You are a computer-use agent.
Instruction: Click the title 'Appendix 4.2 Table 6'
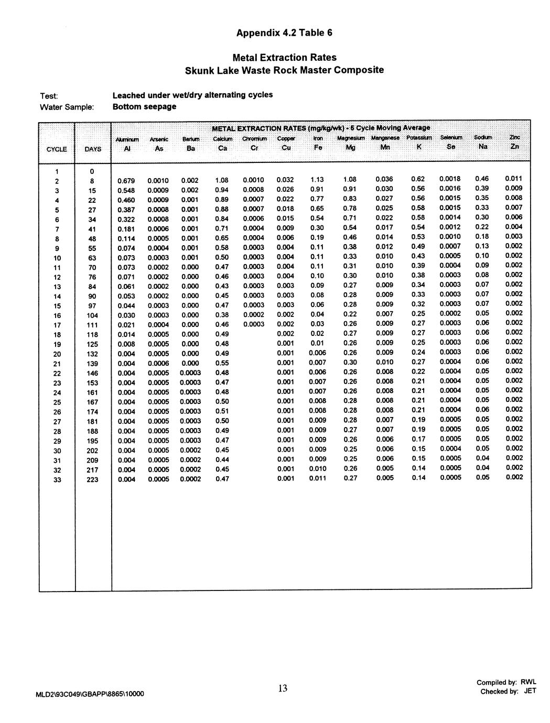click(284, 33)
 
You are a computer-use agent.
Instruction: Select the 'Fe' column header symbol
click(318, 148)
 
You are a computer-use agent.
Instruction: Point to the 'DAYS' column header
click(93, 149)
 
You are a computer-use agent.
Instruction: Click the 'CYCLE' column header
click(57, 149)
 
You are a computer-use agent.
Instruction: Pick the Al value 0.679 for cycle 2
click(126, 181)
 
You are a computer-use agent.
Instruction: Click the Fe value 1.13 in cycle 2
click(317, 180)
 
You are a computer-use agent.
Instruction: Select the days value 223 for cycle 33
click(92, 480)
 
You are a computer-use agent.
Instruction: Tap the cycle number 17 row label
click(57, 325)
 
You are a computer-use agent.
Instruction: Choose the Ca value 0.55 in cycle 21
click(222, 363)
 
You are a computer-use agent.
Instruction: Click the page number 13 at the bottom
click(283, 688)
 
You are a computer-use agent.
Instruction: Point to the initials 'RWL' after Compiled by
click(529, 682)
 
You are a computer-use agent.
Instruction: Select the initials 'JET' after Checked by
click(530, 691)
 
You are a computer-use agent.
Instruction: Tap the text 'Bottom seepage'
click(144, 107)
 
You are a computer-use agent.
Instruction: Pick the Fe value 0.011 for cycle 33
click(317, 478)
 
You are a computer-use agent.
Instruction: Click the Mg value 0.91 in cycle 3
click(350, 189)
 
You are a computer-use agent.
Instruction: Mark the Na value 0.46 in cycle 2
click(481, 179)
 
